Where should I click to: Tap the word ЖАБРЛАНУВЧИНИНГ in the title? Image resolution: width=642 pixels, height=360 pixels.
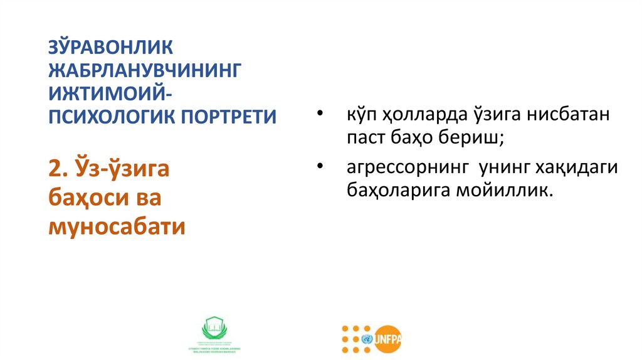pyautogui.click(x=145, y=70)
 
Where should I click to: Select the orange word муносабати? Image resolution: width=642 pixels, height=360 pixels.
pyautogui.click(x=117, y=226)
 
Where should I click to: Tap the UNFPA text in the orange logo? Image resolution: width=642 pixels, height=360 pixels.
pyautogui.click(x=389, y=340)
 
